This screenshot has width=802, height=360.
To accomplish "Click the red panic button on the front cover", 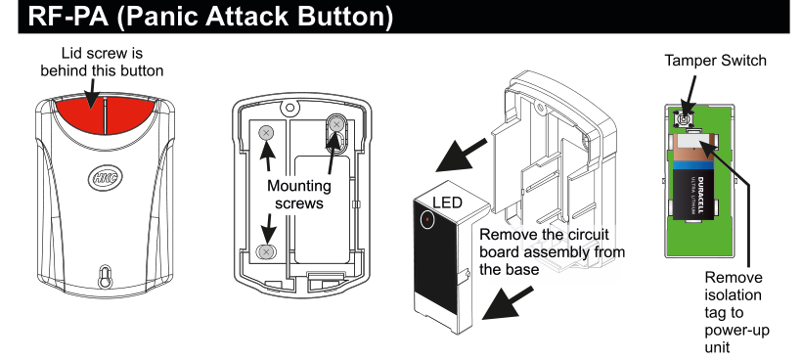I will coord(102,116).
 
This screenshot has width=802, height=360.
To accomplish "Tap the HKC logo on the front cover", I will coord(104,178).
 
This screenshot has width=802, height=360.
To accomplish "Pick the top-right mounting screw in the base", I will coord(336,124).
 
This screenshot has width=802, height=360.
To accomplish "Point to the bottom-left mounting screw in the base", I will coord(265,250).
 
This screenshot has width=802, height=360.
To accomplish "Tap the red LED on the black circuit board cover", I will coord(427,220).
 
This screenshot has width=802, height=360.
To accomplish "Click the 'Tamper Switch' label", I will coord(715,61).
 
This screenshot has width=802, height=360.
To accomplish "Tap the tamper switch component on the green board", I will coord(684,119).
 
